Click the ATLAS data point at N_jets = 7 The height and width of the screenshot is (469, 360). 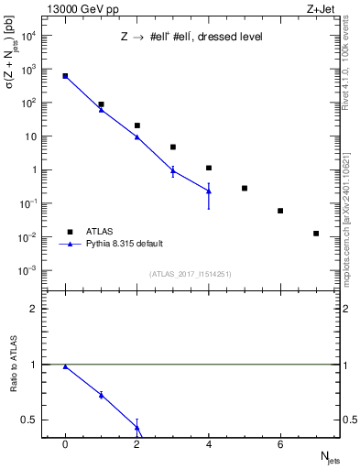click(x=316, y=234)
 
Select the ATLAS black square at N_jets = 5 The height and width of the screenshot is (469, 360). click(x=245, y=188)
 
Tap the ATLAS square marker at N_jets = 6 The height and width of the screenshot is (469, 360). click(x=280, y=211)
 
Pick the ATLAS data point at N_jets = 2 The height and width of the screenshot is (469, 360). click(x=136, y=125)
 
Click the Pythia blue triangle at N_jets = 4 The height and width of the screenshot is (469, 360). click(x=209, y=191)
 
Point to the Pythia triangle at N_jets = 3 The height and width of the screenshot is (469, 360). click(x=172, y=171)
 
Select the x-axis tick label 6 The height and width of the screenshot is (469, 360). click(x=280, y=444)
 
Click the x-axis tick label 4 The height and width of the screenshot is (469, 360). click(x=209, y=444)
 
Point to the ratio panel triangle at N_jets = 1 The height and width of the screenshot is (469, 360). click(x=101, y=395)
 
